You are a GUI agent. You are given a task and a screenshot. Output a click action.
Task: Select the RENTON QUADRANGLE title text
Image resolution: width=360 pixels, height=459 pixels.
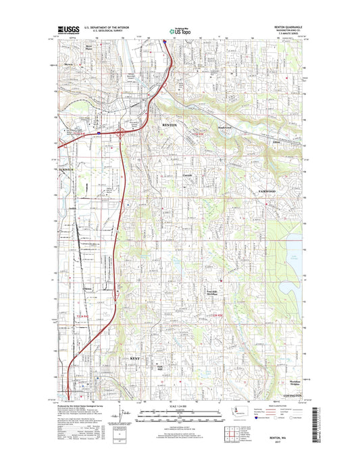290,28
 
